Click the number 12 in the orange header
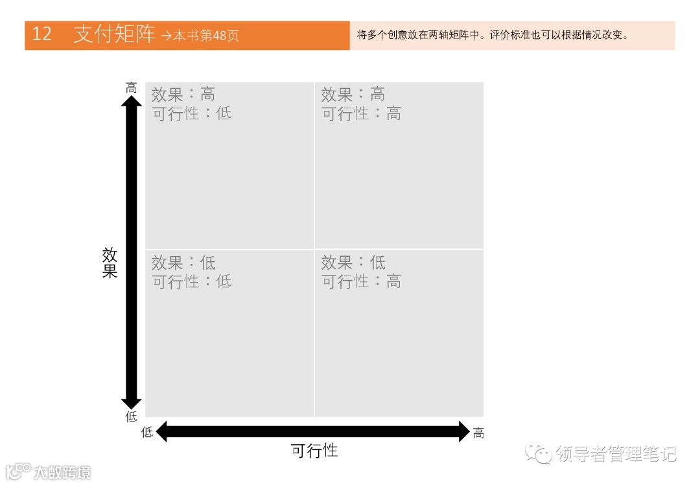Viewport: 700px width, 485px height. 41,34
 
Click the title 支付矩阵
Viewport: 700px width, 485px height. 115,34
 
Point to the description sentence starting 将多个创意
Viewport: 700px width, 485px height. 493,35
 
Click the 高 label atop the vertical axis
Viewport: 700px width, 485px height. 132,88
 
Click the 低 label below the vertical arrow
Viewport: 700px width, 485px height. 132,416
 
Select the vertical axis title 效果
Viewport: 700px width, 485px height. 110,263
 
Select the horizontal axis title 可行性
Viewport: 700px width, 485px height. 314,451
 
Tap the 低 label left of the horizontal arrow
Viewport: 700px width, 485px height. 148,432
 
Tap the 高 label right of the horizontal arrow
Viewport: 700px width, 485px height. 478,433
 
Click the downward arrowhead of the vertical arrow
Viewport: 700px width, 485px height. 132,401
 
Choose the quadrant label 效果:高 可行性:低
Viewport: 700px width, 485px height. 191,104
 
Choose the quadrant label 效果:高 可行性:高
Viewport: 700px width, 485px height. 361,104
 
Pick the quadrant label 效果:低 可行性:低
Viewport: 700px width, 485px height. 191,272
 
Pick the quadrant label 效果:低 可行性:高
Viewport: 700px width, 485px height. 361,272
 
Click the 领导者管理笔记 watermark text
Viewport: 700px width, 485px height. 616,454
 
